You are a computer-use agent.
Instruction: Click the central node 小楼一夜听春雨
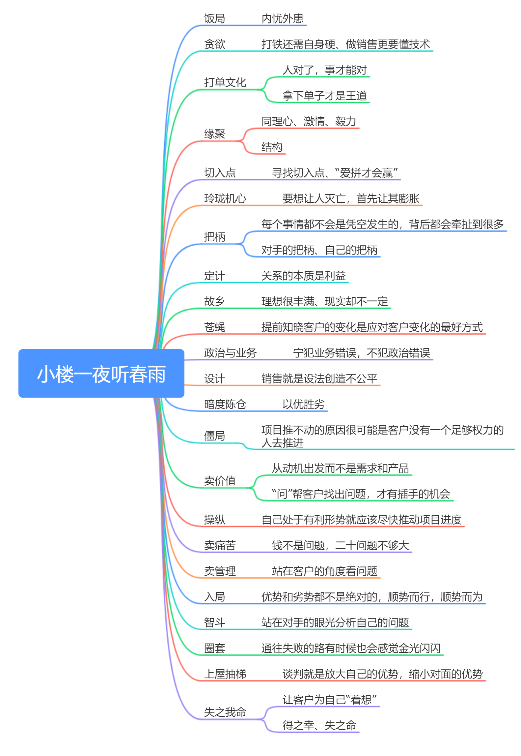[x=101, y=374]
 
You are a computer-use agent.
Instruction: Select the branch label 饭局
[x=214, y=18]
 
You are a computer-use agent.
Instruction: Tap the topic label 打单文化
[x=225, y=82]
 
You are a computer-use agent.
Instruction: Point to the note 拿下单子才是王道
[x=324, y=96]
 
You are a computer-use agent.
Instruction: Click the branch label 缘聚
[x=214, y=134]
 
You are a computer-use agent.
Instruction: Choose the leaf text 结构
[x=272, y=147]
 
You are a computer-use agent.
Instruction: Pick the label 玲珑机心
[x=225, y=198]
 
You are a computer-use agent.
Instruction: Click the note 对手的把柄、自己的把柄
[x=319, y=250]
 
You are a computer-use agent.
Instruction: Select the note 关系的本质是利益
[x=303, y=276]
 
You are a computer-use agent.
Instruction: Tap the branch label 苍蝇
[x=214, y=327]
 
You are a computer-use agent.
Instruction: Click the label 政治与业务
[x=230, y=353]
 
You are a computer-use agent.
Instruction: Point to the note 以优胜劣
[x=303, y=404]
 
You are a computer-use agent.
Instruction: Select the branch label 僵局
[x=214, y=436]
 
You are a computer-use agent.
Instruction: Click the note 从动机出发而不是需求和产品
[x=340, y=468]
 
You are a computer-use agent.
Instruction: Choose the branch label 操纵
[x=214, y=520]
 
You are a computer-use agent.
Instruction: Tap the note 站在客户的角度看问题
[x=324, y=571]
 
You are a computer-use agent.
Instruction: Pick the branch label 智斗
[x=214, y=622]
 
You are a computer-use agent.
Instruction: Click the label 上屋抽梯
[x=225, y=674]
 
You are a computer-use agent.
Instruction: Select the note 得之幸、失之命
[x=319, y=725]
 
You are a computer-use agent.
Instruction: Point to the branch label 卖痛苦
[x=220, y=545]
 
